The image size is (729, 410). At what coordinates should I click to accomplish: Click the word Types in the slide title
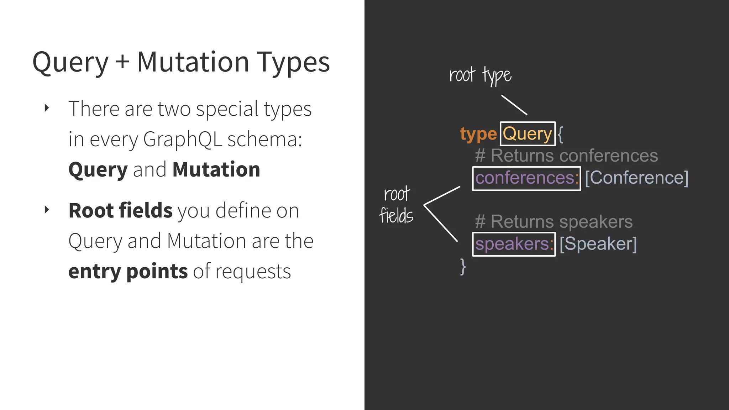(293, 63)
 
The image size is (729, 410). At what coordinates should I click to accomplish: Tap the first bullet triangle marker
(47, 108)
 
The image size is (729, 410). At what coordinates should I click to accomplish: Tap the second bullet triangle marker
(47, 210)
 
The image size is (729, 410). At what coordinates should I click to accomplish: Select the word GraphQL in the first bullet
(182, 140)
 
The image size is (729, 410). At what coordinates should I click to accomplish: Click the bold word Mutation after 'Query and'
(216, 169)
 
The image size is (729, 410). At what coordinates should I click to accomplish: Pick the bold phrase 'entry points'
(128, 271)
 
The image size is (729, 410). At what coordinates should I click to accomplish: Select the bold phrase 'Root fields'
(120, 210)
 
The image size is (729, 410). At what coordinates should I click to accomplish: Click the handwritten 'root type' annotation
(480, 75)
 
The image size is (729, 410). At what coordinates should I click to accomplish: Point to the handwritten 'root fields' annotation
(396, 205)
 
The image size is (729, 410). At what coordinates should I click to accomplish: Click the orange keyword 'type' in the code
(478, 134)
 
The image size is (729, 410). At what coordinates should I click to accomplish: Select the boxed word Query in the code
(527, 134)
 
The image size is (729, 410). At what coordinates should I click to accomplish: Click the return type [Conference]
(636, 178)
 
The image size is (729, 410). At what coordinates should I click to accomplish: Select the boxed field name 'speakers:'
(514, 244)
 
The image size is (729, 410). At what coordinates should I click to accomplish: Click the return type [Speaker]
(598, 244)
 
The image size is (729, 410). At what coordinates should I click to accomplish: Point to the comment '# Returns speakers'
(554, 221)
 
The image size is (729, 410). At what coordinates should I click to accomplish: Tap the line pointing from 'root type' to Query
(514, 105)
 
